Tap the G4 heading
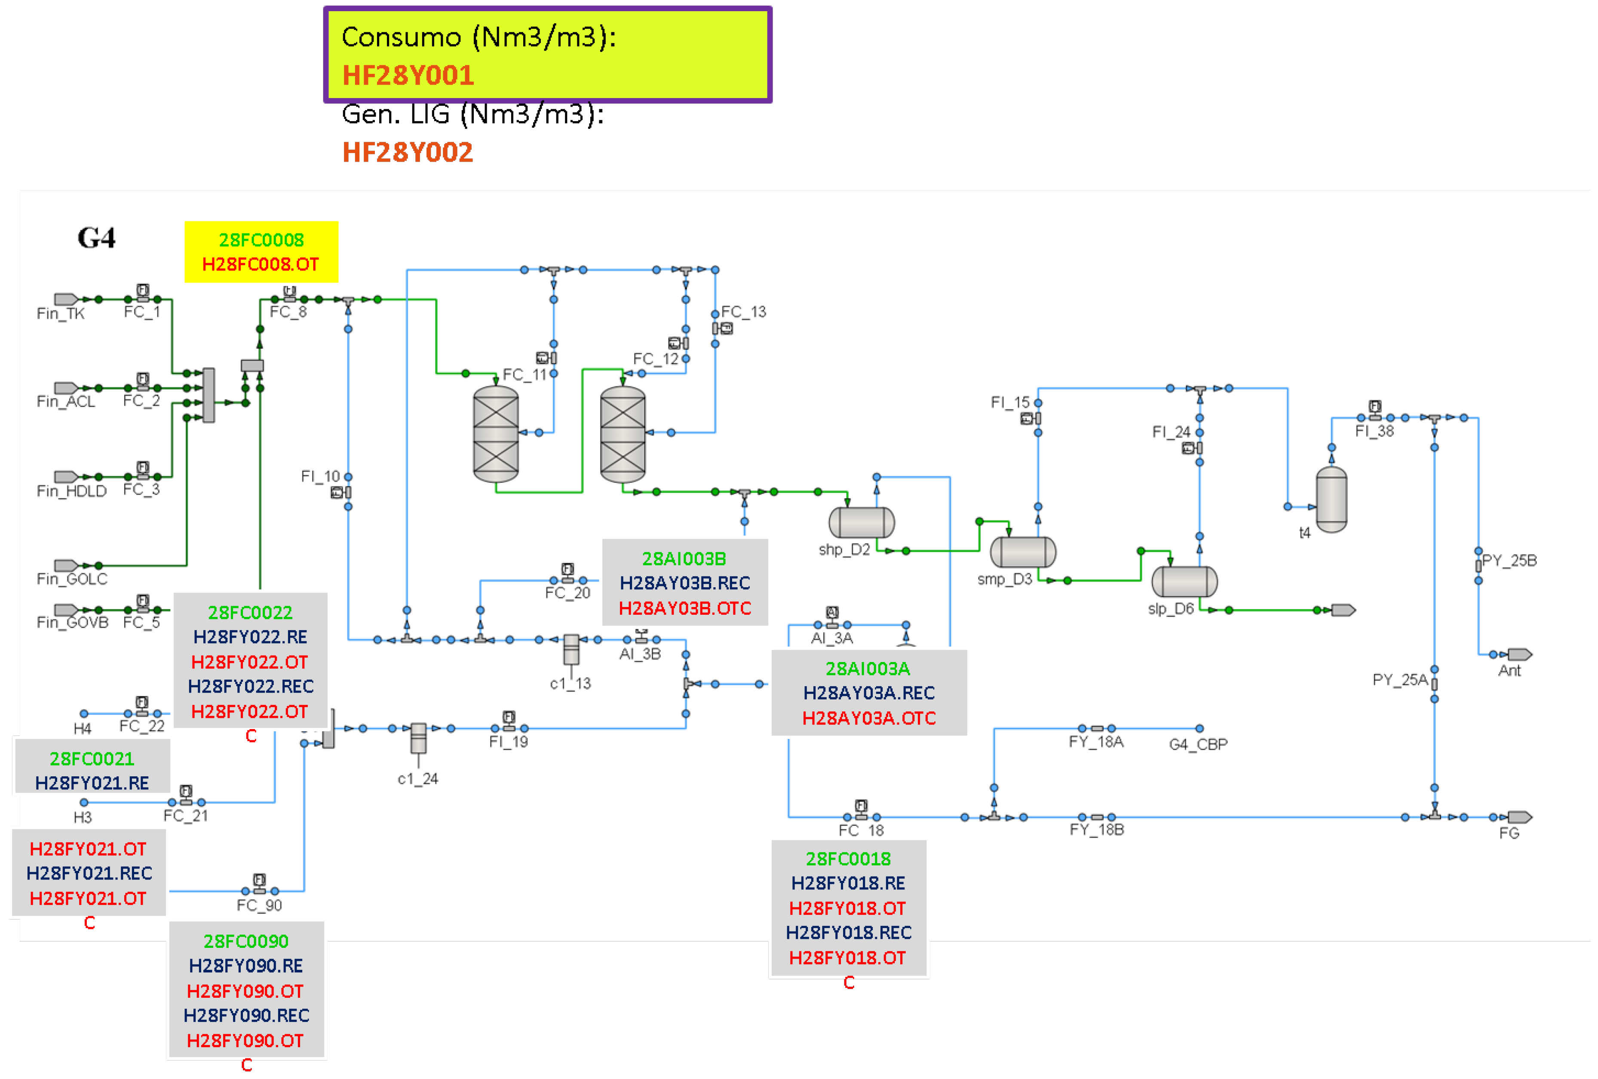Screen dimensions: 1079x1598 pyautogui.click(x=96, y=238)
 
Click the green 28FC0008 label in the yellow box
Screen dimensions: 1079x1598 pyautogui.click(x=261, y=240)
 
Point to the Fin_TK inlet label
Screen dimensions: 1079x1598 pyautogui.click(x=61, y=313)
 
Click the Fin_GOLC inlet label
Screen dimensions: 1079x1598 pyautogui.click(x=71, y=579)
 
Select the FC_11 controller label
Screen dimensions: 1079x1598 pyautogui.click(x=524, y=375)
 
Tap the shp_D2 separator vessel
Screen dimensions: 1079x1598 pyautogui.click(x=862, y=523)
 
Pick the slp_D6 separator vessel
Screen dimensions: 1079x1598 pyautogui.click(x=1184, y=582)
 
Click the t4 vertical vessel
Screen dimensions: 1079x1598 pyautogui.click(x=1331, y=499)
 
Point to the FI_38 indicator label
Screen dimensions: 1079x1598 pyautogui.click(x=1374, y=431)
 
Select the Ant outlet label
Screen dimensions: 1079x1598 pyautogui.click(x=1509, y=671)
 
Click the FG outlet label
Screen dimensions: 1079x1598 pyautogui.click(x=1509, y=833)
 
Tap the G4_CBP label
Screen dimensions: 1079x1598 pyautogui.click(x=1198, y=744)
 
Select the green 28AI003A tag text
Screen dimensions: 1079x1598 pyautogui.click(x=868, y=668)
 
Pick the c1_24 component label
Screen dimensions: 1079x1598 pyautogui.click(x=417, y=779)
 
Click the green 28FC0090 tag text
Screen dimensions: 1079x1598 pyautogui.click(x=246, y=941)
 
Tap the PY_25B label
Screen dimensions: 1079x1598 pyautogui.click(x=1509, y=561)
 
